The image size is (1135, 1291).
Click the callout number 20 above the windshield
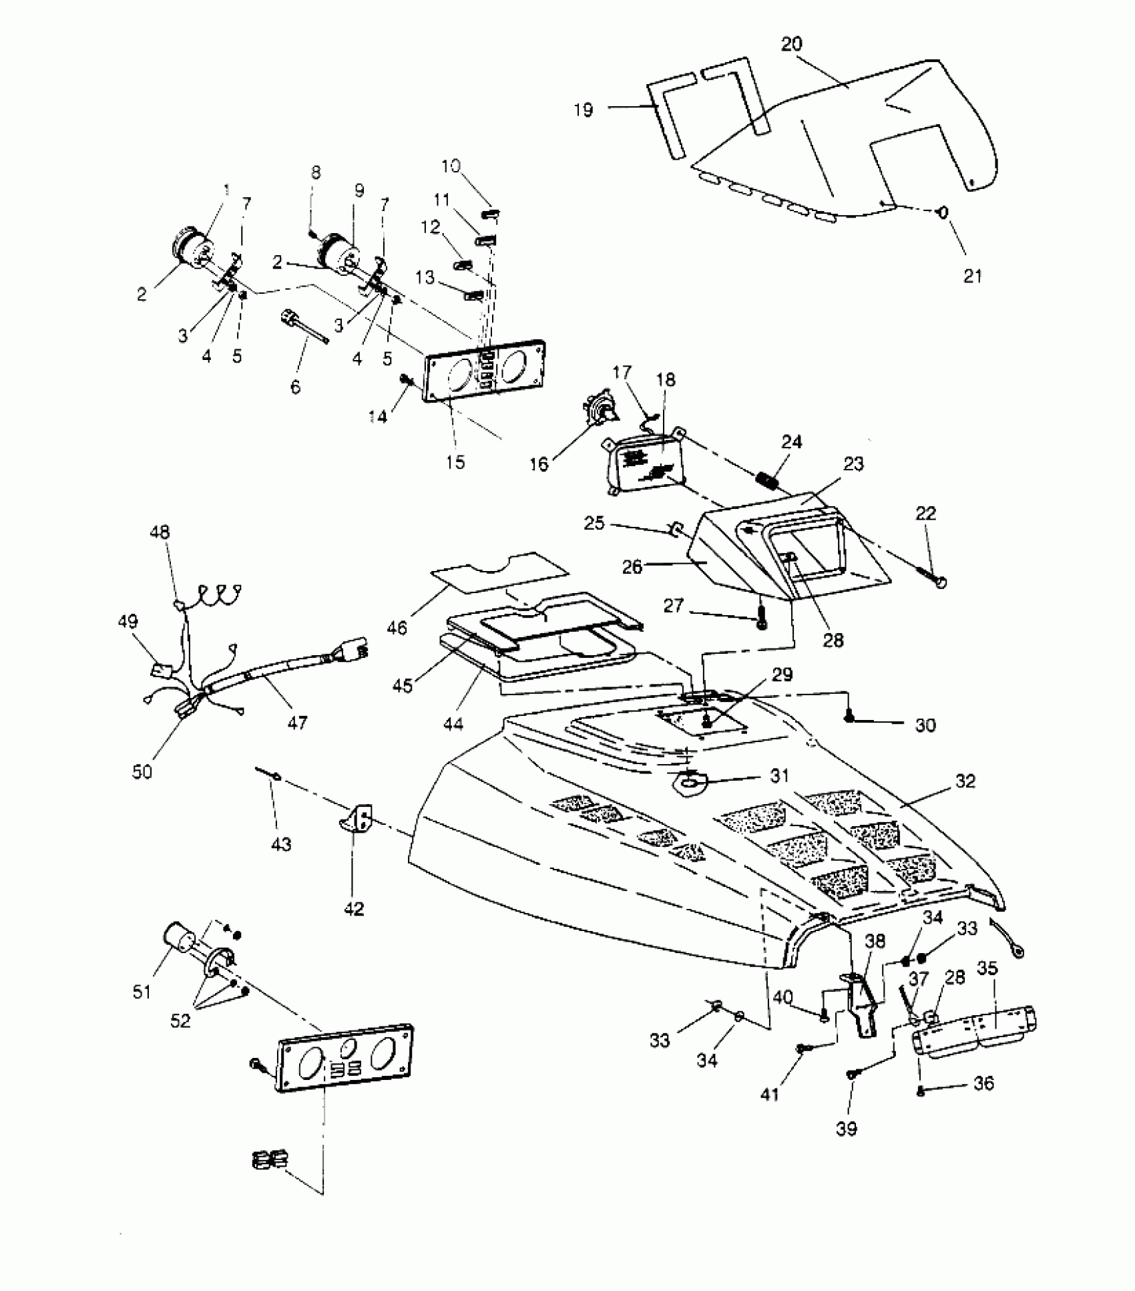click(791, 44)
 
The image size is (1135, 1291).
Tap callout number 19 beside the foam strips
click(583, 110)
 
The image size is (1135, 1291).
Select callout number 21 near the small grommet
click(973, 275)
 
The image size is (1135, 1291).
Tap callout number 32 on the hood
click(965, 781)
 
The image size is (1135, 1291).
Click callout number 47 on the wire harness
click(297, 722)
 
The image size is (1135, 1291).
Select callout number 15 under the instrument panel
click(455, 462)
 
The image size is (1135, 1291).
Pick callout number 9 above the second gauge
click(359, 191)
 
